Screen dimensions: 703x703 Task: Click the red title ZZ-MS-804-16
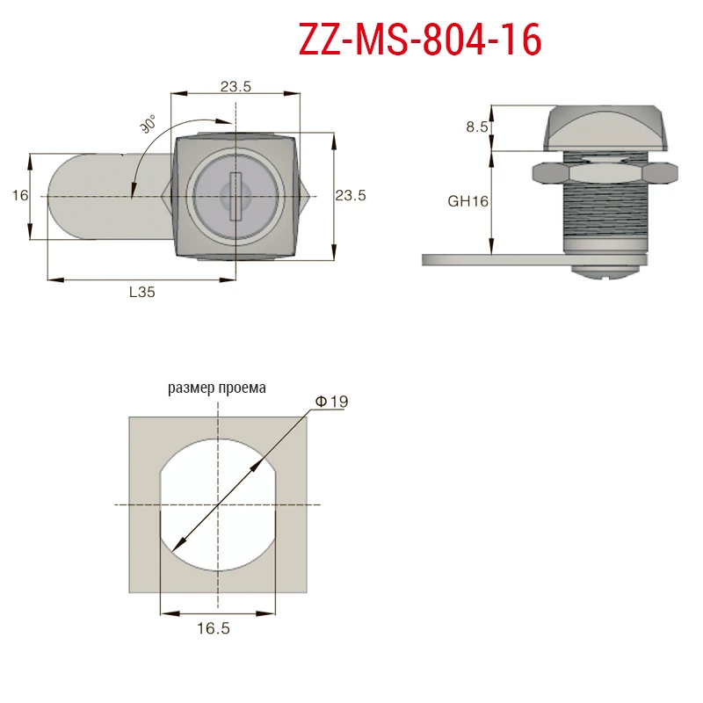pyautogui.click(x=420, y=40)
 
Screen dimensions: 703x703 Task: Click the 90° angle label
pyautogui.click(x=149, y=123)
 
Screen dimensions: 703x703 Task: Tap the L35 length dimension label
pyautogui.click(x=142, y=292)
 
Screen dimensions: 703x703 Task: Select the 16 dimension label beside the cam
pyautogui.click(x=20, y=195)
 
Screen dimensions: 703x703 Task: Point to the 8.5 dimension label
pyautogui.click(x=477, y=127)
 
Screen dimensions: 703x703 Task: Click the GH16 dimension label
pyautogui.click(x=468, y=201)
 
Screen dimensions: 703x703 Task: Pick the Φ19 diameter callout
pyautogui.click(x=332, y=402)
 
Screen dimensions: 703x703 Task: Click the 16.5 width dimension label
pyautogui.click(x=214, y=628)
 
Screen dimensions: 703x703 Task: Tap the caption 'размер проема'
pyautogui.click(x=217, y=388)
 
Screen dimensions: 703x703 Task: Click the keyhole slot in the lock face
pyautogui.click(x=235, y=197)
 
